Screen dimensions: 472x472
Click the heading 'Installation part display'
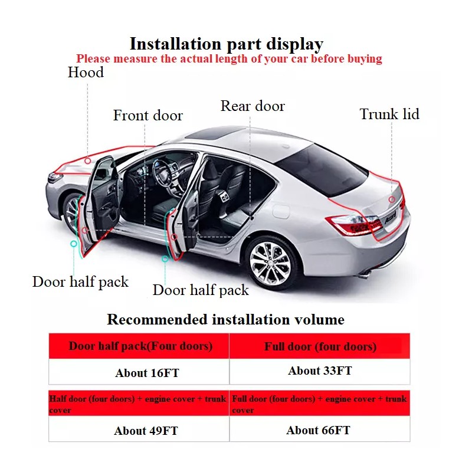point(227,44)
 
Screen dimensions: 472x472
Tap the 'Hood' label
point(86,73)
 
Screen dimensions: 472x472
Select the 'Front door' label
point(148,115)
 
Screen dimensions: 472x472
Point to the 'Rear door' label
point(253,106)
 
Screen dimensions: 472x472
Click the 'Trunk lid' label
point(389,114)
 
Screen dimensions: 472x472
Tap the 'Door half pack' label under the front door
point(80,281)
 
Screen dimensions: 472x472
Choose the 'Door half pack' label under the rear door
point(201,290)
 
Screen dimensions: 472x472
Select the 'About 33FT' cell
point(320,371)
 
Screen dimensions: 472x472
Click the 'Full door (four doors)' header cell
point(320,346)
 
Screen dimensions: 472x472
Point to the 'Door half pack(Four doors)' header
point(140,346)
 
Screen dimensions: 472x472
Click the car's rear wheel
point(271,259)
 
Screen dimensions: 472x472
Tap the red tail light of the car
point(354,224)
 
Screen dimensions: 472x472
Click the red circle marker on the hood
point(87,160)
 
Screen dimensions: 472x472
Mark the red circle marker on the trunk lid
point(392,199)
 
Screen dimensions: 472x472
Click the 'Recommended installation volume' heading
point(225,320)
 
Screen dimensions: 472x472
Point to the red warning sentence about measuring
point(229,59)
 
